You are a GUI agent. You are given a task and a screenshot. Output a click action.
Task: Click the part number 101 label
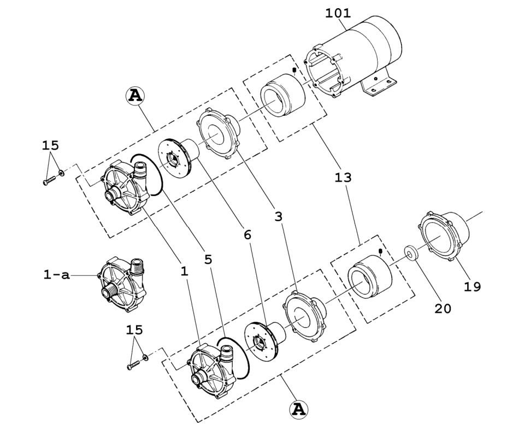click(x=338, y=13)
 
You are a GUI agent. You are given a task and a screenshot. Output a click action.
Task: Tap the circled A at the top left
click(x=135, y=96)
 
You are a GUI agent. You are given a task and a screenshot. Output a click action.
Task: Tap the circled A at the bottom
click(x=298, y=409)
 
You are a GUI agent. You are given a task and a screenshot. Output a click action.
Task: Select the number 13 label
click(x=344, y=178)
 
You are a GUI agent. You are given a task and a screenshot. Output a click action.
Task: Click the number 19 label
click(x=473, y=286)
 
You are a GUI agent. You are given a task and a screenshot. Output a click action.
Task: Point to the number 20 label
click(x=443, y=309)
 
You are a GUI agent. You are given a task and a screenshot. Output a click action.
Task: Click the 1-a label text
click(x=56, y=275)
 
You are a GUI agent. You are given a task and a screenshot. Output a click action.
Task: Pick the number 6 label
click(x=248, y=234)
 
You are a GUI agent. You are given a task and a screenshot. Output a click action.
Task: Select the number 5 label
click(x=208, y=259)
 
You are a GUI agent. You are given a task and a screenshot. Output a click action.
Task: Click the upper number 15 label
click(x=50, y=145)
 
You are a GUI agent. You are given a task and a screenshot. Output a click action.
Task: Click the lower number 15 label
click(x=134, y=329)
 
